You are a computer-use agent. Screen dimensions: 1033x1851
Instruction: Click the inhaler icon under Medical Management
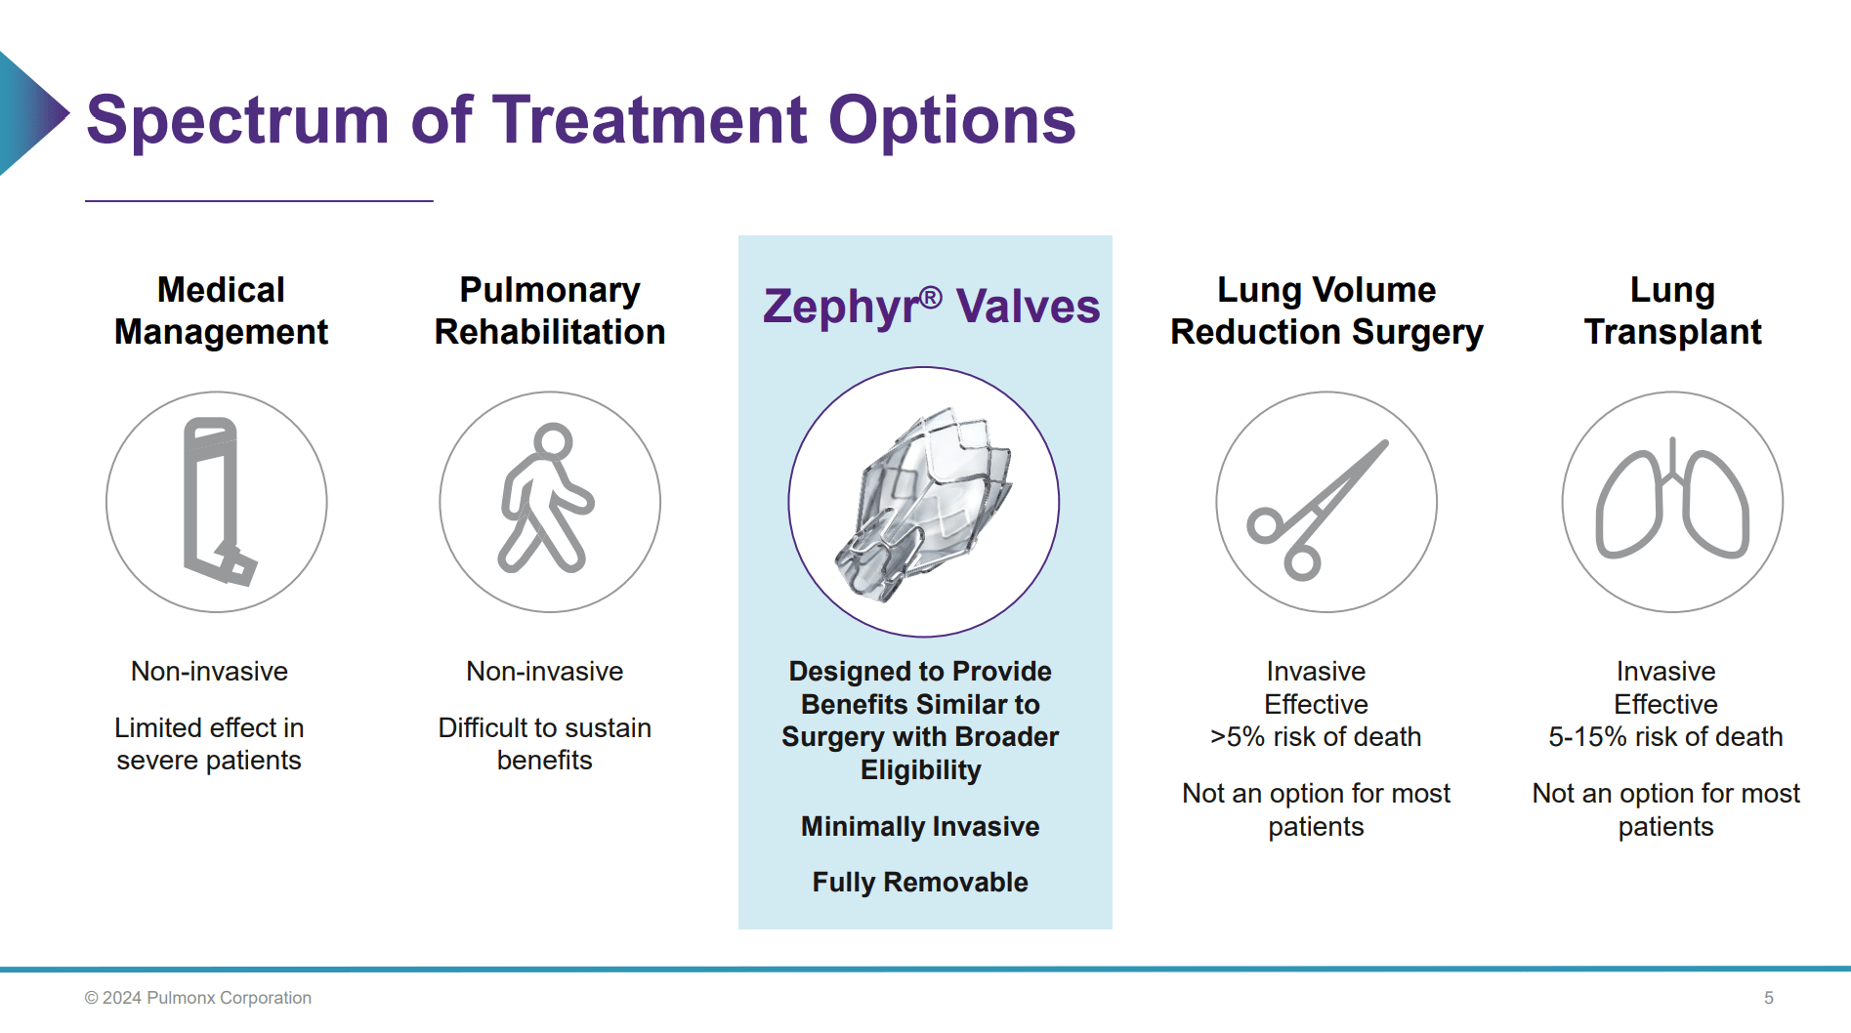tap(217, 502)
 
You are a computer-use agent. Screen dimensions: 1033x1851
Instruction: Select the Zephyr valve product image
tap(923, 503)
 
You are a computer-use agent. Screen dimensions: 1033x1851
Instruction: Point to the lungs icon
tap(1672, 502)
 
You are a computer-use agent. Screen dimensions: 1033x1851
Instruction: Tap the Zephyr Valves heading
tap(931, 306)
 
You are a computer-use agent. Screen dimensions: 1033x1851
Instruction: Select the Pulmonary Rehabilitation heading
tap(550, 310)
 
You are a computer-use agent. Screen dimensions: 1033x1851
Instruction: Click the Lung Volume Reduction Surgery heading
tap(1326, 310)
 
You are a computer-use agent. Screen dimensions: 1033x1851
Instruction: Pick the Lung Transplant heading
tap(1672, 310)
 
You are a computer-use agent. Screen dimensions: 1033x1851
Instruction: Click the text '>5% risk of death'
tap(1316, 737)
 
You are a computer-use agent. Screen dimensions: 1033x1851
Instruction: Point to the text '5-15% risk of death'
tap(1665, 737)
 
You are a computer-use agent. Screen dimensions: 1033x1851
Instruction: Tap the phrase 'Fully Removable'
tap(920, 883)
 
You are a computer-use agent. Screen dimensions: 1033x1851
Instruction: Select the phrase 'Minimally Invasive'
tap(920, 827)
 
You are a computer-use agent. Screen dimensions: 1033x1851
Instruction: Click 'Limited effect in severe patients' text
tap(209, 744)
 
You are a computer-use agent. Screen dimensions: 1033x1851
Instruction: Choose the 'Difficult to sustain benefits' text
tap(544, 744)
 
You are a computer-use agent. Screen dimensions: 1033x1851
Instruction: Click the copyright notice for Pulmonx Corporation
tap(198, 998)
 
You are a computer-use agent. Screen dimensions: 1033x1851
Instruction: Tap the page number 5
tap(1768, 998)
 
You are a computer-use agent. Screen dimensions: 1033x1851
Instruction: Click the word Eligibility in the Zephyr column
tap(920, 770)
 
